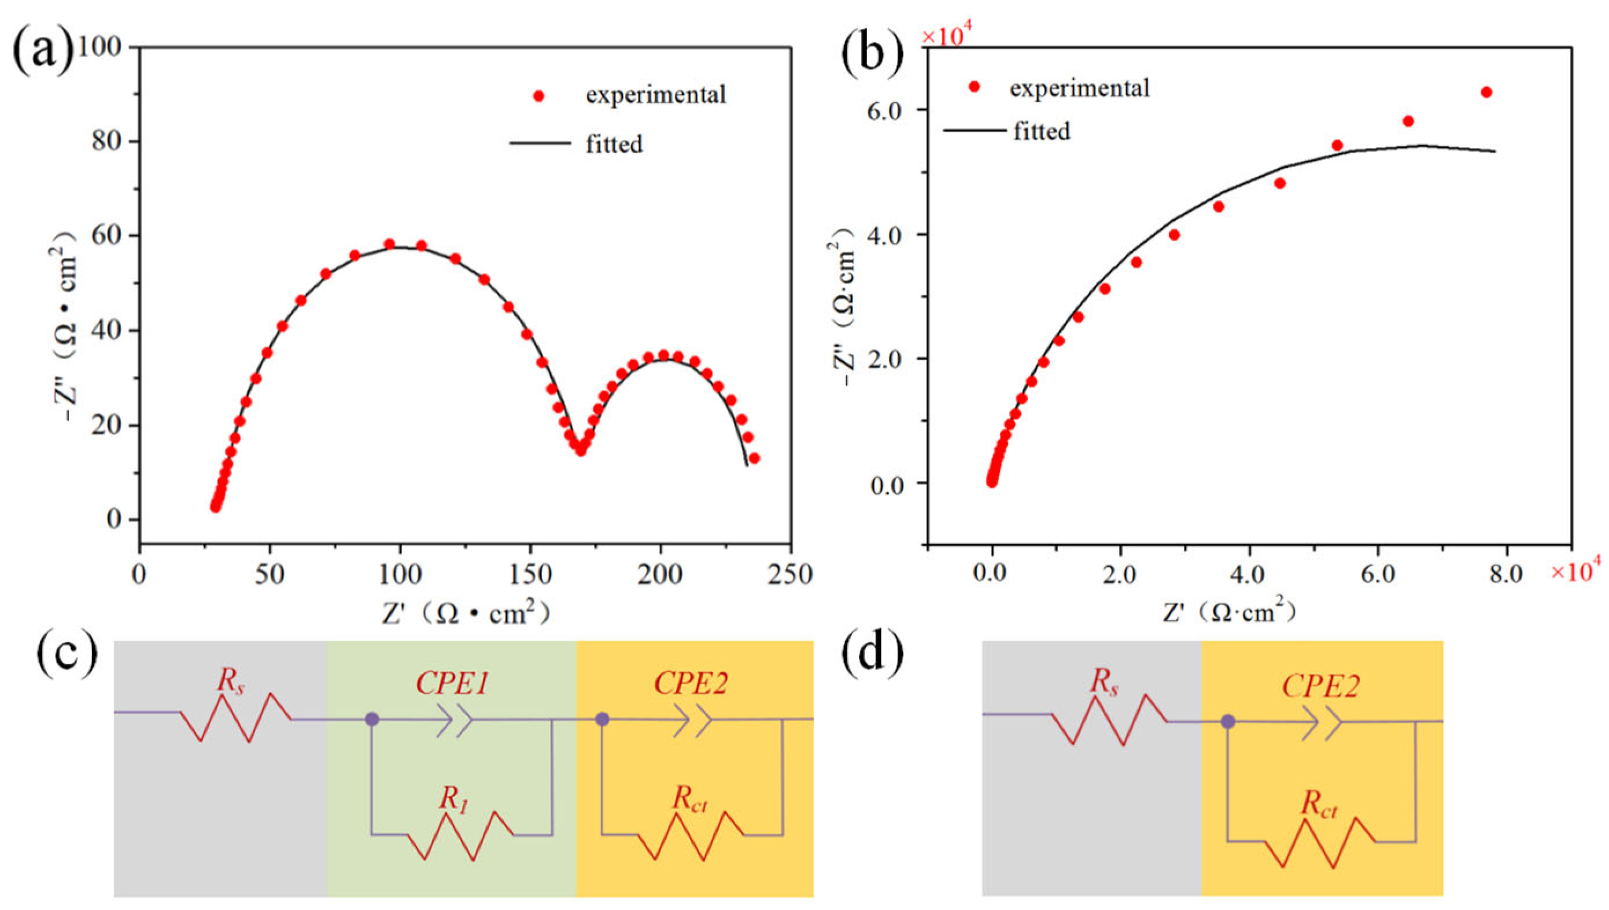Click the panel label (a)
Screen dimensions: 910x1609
coord(42,54)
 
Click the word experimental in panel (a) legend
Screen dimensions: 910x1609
coord(656,95)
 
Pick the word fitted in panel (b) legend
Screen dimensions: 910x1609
coord(1042,131)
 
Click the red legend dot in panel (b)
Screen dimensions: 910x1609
coord(973,87)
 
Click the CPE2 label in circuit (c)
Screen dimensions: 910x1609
coord(691,685)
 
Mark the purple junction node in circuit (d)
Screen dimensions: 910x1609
coord(1228,722)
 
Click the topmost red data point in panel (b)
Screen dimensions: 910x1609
coord(1486,93)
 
